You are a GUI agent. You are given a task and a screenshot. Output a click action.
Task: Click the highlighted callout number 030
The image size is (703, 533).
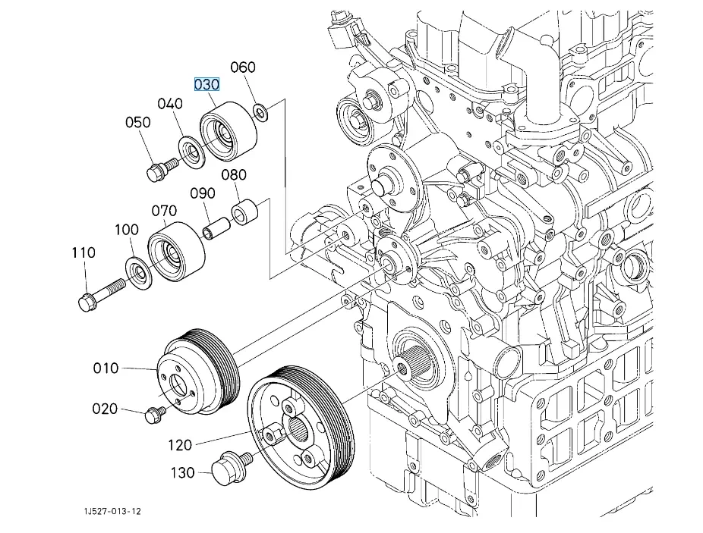pos(206,84)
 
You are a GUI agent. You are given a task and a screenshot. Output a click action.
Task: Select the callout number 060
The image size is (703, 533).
pos(242,67)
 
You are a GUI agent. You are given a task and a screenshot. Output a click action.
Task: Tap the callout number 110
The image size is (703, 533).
pos(84,252)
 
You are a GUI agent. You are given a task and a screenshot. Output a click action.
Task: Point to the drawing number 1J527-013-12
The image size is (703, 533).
pos(112,511)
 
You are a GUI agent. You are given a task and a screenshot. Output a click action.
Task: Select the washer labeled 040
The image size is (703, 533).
pos(191,150)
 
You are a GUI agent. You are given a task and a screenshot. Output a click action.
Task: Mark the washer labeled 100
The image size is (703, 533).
pos(138,272)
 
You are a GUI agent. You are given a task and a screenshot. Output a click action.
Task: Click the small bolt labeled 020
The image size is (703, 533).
pos(156,414)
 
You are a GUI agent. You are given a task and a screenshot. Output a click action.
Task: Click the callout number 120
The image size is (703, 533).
pos(180,444)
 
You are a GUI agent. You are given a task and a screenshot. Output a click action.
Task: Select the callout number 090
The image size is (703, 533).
pos(203,193)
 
